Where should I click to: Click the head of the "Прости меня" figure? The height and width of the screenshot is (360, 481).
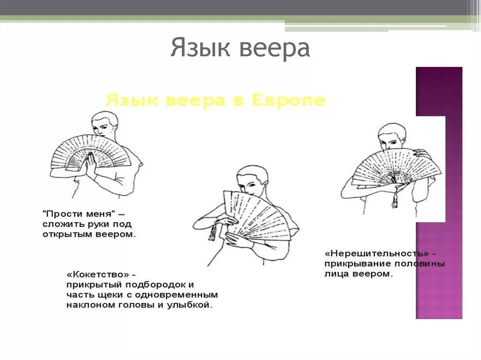coord(105,124)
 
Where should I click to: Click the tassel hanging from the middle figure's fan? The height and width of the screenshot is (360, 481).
coord(212,232)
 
